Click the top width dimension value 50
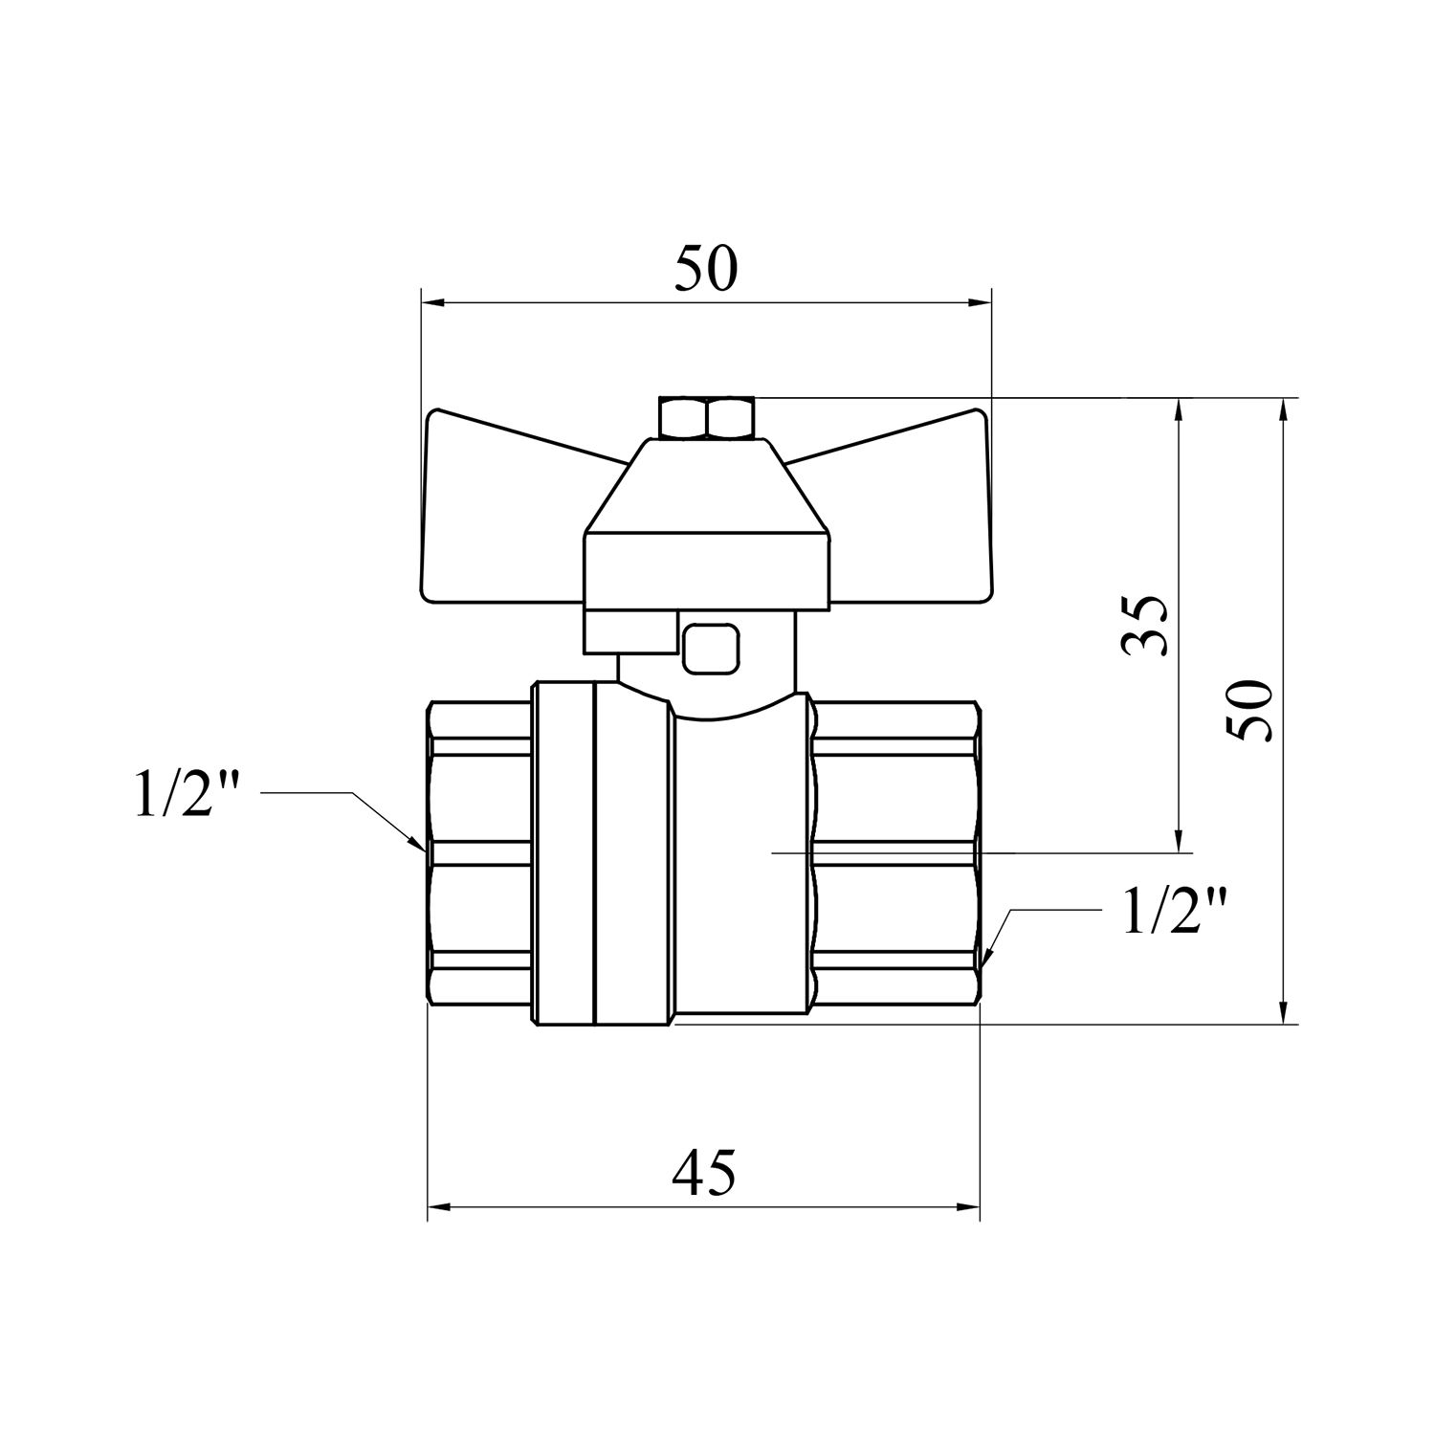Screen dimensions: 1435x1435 coord(706,269)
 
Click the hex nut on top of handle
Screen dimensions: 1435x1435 coord(707,418)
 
